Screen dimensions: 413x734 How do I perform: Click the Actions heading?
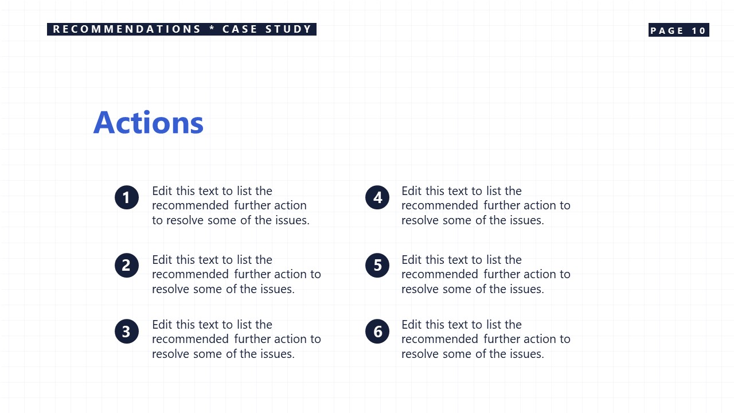click(x=149, y=123)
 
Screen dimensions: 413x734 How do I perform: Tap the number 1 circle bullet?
click(x=127, y=198)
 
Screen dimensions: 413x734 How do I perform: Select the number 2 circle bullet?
click(x=127, y=266)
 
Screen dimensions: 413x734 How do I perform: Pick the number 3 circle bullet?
click(x=127, y=332)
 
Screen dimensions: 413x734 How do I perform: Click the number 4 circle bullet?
click(x=377, y=198)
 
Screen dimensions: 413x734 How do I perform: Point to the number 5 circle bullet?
click(x=377, y=266)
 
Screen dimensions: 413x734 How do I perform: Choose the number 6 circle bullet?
click(x=377, y=332)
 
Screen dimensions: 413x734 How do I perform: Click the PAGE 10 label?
click(x=678, y=30)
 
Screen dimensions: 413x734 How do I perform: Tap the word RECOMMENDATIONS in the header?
click(x=127, y=29)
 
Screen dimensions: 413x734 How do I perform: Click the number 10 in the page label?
click(x=699, y=30)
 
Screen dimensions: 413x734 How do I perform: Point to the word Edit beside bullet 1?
click(x=162, y=191)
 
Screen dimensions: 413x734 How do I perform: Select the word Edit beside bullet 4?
click(x=412, y=191)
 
